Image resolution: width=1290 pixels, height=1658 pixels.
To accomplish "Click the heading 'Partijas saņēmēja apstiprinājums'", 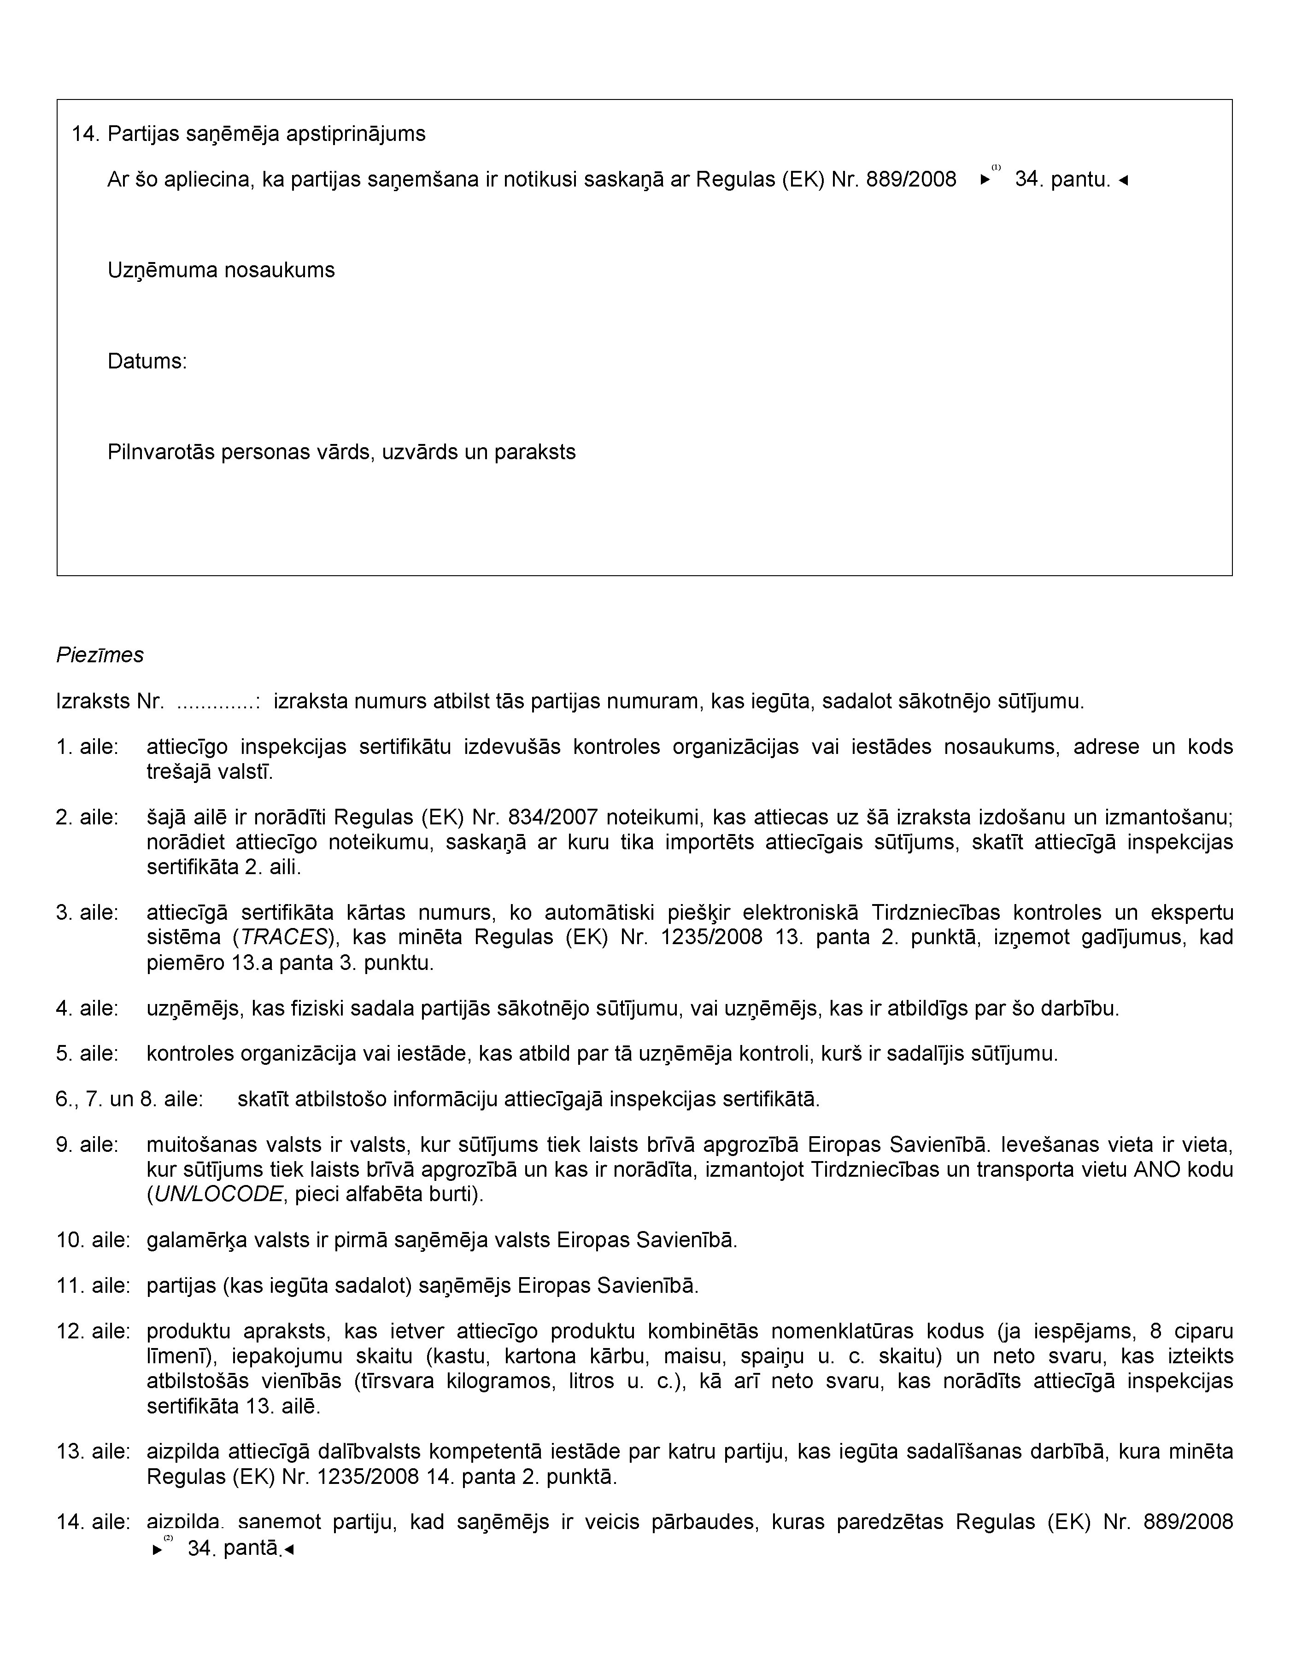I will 266,134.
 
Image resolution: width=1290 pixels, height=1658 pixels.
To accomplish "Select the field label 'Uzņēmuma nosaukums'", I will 221,270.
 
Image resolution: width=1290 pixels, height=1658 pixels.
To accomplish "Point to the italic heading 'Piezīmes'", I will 100,655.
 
